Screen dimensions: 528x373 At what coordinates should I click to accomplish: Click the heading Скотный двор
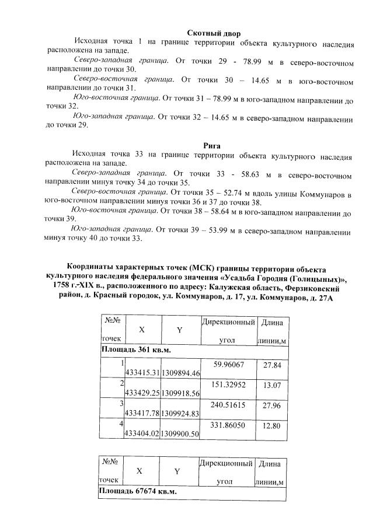[x=213, y=34]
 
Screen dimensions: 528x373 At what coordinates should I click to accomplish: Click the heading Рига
[x=211, y=146]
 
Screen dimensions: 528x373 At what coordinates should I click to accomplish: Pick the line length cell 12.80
[x=272, y=426]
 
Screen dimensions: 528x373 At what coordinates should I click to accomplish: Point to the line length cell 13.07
[x=272, y=386]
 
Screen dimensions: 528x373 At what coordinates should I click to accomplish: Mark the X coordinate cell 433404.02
[x=142, y=434]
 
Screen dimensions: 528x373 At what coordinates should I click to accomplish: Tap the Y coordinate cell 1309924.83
[x=180, y=413]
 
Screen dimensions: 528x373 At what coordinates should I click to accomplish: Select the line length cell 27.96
[x=272, y=405]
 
